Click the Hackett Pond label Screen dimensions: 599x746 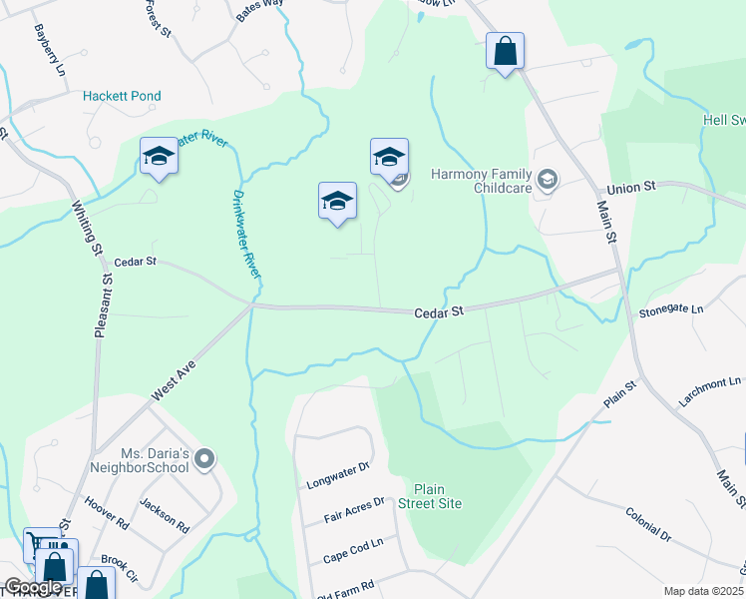pos(122,97)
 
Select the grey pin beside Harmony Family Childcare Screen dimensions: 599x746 pos(547,181)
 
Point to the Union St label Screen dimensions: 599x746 pos(631,187)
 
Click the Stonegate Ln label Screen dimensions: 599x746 pos(670,310)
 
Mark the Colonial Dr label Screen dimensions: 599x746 pos(648,520)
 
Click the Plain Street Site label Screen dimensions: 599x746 pos(438,496)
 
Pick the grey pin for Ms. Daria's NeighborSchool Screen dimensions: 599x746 pos(205,459)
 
